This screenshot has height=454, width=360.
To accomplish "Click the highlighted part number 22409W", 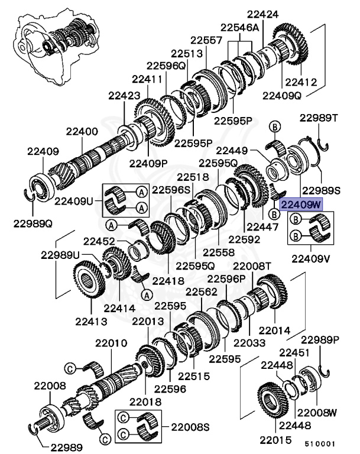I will [x=301, y=205].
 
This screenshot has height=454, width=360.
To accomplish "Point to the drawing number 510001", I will [x=320, y=442].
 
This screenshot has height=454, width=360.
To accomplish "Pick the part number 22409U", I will [x=74, y=200].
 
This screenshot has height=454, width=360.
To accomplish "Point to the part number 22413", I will [x=91, y=321].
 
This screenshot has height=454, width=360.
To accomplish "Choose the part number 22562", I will [x=202, y=291].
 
